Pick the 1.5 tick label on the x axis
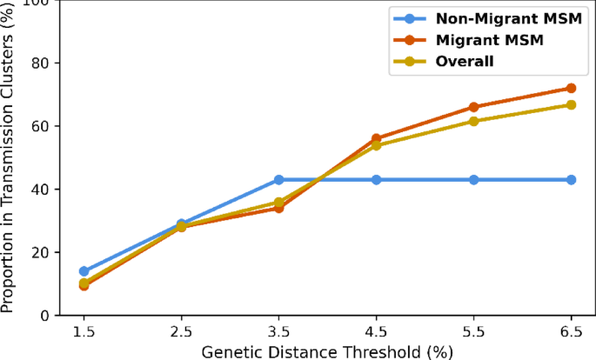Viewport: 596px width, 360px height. [x=84, y=331]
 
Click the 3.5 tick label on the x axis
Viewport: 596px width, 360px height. [x=278, y=331]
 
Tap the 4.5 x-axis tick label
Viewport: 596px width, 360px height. [x=376, y=331]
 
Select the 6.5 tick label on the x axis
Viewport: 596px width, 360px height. [x=571, y=331]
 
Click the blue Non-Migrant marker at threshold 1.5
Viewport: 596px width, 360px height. [x=84, y=271]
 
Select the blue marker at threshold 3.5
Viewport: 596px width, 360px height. [x=278, y=179]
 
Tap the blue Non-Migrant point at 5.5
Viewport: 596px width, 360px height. [x=473, y=179]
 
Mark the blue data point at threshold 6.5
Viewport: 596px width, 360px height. [x=571, y=179]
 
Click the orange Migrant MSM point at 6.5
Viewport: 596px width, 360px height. [x=571, y=88]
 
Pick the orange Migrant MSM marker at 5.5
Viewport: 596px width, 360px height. [x=473, y=107]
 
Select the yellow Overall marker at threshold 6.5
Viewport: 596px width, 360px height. [x=571, y=104]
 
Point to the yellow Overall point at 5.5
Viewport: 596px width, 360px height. [x=473, y=121]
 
